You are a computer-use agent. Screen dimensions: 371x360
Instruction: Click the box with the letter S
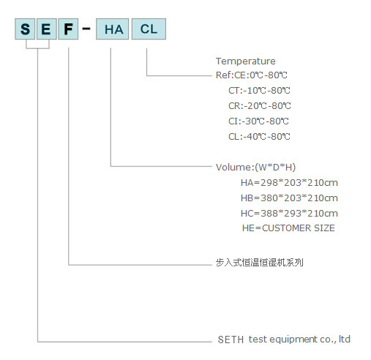coord(25,29)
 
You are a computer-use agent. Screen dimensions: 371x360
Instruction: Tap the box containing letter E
coord(46,29)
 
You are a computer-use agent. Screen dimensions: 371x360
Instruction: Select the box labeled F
coord(68,29)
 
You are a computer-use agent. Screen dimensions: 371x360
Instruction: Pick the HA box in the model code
coord(112,29)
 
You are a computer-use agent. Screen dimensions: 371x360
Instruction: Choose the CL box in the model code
coord(149,29)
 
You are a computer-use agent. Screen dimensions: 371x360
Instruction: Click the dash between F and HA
coord(86,29)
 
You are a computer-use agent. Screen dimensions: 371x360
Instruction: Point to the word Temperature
coord(246,61)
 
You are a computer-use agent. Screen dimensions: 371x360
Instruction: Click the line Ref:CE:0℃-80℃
coord(252,75)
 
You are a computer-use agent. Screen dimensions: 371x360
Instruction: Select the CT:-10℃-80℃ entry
coord(259,91)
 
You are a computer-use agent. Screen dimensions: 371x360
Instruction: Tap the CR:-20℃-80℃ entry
coord(260,106)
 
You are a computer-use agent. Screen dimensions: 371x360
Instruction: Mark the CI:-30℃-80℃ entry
coord(258,121)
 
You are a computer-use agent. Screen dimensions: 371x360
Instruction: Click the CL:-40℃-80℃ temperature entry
coord(259,137)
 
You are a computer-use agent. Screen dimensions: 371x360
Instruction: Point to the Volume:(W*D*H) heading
coord(255,168)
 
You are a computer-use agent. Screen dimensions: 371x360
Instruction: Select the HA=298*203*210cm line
coord(289,183)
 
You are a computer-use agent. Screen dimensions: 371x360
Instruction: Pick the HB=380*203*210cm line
coord(289,198)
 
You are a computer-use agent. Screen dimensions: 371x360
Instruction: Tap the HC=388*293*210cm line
coord(289,214)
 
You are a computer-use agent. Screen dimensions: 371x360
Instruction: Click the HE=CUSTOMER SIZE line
coord(288,228)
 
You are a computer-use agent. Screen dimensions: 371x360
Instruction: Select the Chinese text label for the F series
coord(260,263)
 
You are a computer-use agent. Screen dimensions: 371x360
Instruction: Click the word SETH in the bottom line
coord(231,340)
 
